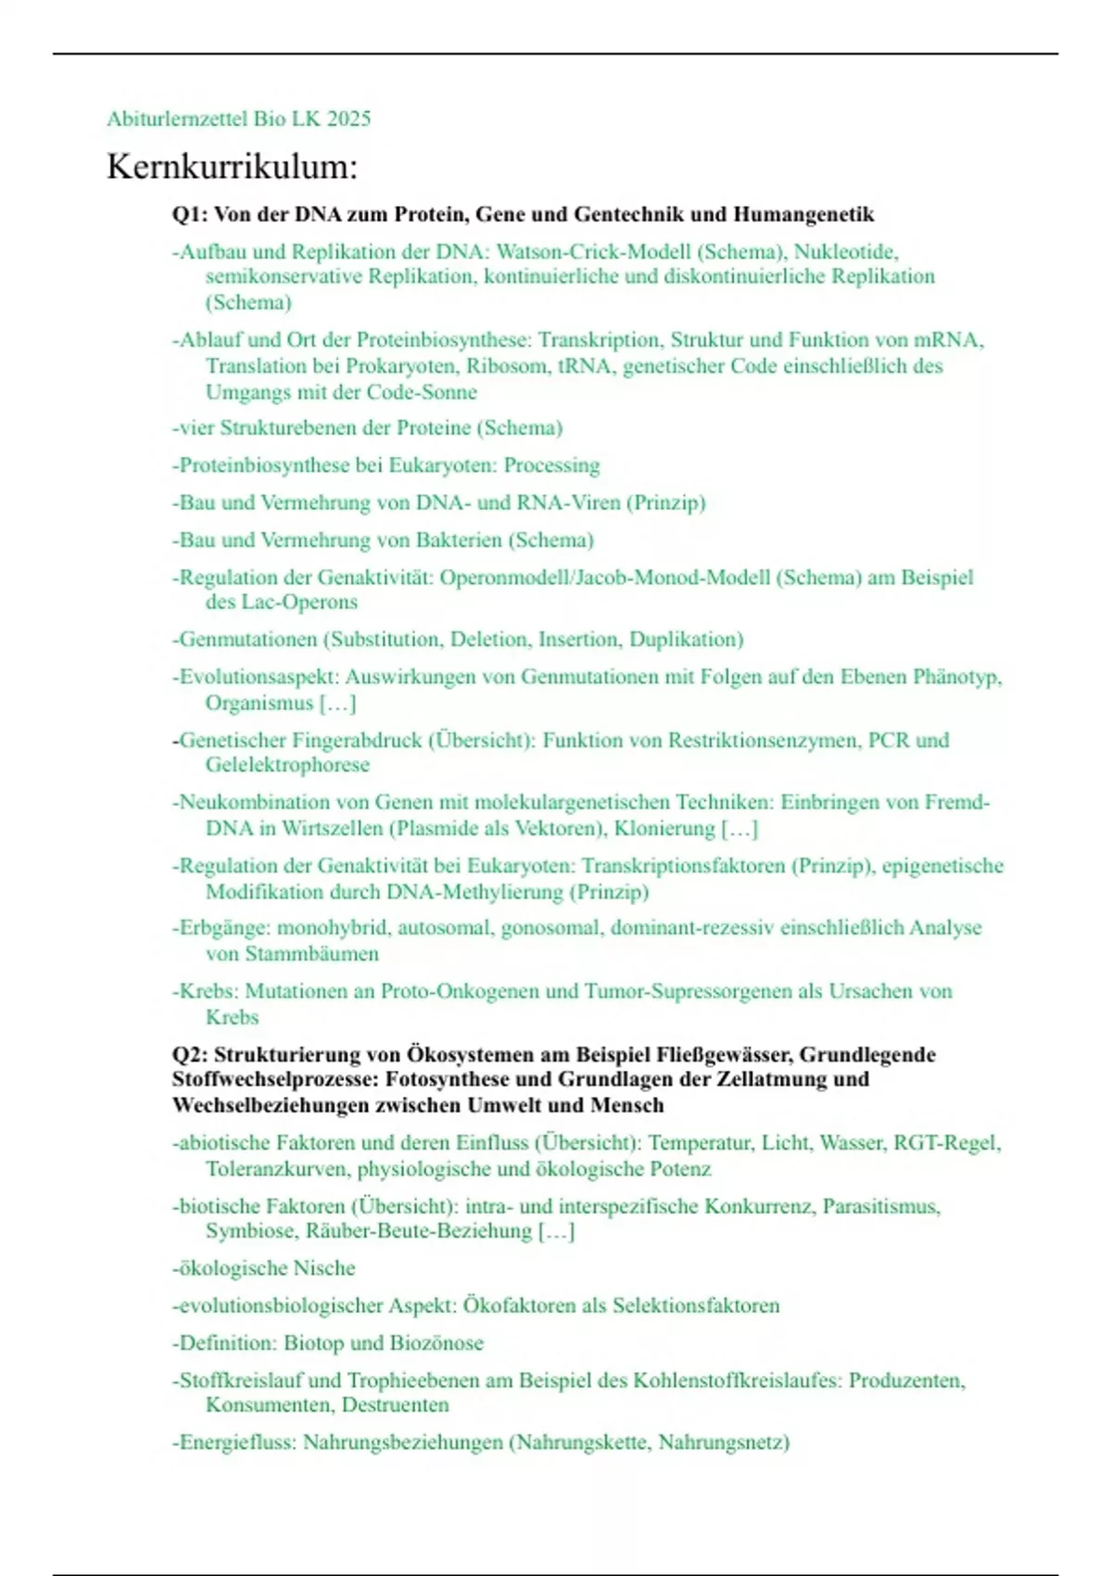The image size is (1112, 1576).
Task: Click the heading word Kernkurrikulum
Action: [232, 167]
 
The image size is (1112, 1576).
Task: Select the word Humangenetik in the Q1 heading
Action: [803, 215]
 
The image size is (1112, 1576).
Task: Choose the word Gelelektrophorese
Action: [287, 766]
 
